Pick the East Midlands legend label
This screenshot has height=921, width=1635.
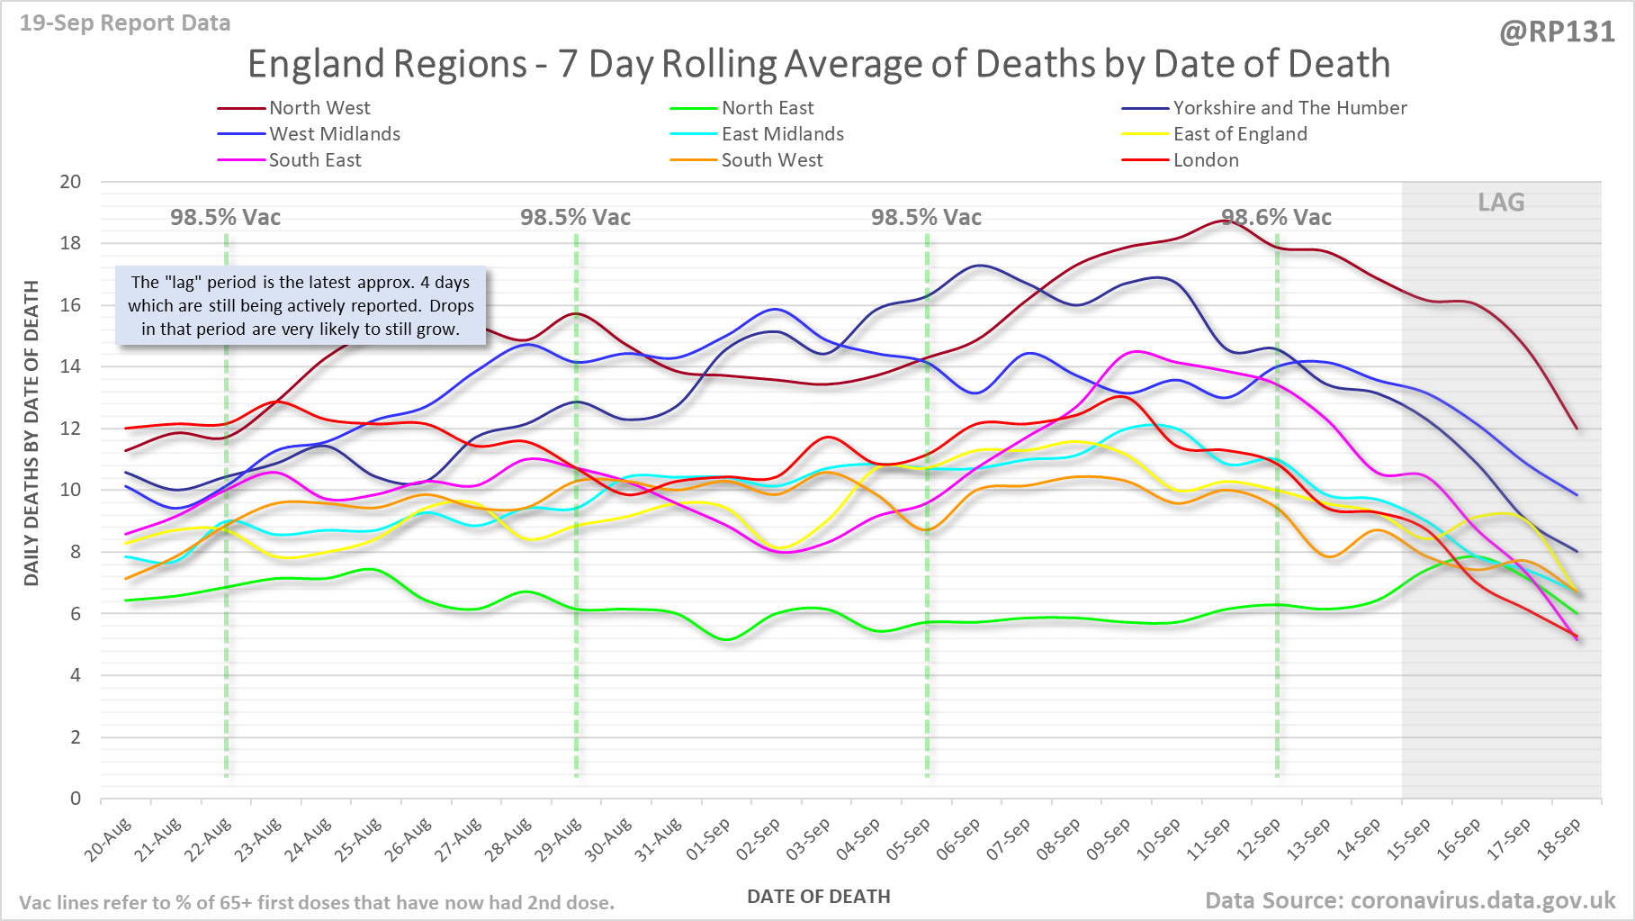pos(783,134)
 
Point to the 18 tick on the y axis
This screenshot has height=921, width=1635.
pos(70,243)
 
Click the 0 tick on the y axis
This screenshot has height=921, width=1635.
pos(76,799)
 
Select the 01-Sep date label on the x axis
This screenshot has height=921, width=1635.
pos(708,840)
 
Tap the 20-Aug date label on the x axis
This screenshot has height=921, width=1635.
pos(109,840)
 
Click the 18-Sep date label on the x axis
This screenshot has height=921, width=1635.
pos(1559,840)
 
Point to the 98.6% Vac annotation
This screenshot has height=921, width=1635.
pos(1276,217)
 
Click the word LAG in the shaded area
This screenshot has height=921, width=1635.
pos(1501,203)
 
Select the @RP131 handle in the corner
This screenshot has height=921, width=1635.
pos(1557,32)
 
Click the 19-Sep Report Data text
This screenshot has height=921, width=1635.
pos(125,23)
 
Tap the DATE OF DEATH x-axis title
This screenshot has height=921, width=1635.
pos(818,897)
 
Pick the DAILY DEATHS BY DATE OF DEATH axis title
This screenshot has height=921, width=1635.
pos(32,433)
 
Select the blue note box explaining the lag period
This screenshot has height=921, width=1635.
pos(301,305)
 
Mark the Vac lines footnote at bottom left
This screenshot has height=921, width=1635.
pos(317,902)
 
